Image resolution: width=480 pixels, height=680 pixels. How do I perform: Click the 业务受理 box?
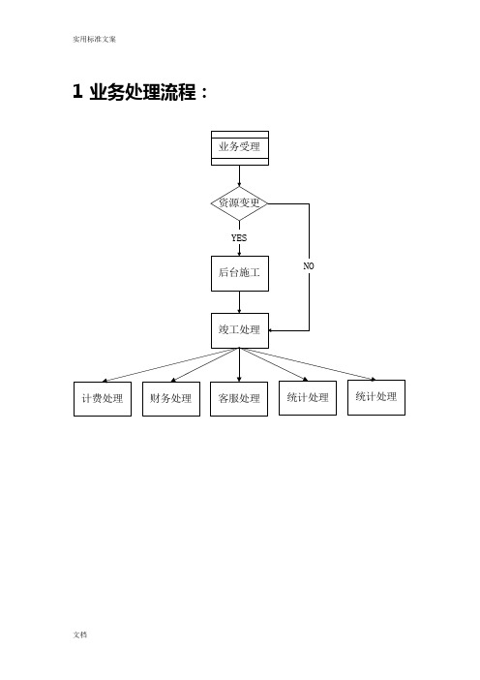tap(240, 148)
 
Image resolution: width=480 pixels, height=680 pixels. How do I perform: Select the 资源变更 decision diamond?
tap(239, 203)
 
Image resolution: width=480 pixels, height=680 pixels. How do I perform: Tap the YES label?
tap(239, 237)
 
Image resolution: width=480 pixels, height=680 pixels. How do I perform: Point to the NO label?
tap(309, 265)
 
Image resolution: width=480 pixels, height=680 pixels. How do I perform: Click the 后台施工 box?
tap(240, 273)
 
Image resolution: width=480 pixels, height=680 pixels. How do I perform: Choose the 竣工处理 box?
tap(240, 330)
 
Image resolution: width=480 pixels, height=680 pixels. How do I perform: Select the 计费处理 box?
tap(103, 399)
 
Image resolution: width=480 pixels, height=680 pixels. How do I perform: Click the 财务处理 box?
tap(171, 399)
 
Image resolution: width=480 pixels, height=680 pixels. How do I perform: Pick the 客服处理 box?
tap(239, 399)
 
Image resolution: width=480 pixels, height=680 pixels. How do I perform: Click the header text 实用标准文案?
tap(95, 39)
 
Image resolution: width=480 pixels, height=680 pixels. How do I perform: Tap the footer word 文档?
tap(80, 634)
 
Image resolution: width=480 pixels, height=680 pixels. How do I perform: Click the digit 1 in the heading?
tap(77, 91)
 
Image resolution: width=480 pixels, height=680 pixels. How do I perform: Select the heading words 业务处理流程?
tap(142, 92)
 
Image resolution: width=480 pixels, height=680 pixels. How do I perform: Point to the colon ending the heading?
tap(204, 93)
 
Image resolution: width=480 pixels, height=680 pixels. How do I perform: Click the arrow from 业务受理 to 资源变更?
tap(239, 176)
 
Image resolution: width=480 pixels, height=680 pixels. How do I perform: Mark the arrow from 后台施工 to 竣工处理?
tap(239, 302)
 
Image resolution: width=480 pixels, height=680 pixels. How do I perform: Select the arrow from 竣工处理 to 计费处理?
tap(170, 365)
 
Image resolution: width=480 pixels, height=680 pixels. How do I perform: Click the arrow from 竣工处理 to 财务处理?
tap(205, 365)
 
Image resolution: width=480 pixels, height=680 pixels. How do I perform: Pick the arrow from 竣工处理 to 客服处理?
tap(239, 365)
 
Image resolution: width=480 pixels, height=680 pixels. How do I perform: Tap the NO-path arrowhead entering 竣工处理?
tap(270, 330)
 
